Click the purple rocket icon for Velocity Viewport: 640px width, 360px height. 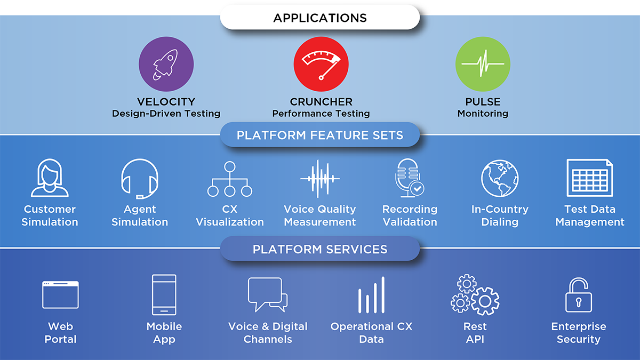click(x=166, y=64)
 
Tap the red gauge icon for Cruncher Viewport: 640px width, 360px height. click(x=321, y=64)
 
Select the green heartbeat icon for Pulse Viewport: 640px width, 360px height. click(x=483, y=64)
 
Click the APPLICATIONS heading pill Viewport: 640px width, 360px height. click(x=320, y=18)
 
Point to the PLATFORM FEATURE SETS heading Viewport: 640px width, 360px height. click(x=320, y=135)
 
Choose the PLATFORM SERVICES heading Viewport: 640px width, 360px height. click(x=320, y=249)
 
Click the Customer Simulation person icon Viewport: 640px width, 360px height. click(x=50, y=178)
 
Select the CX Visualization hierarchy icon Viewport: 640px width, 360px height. click(x=230, y=179)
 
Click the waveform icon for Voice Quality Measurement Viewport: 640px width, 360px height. click(x=319, y=179)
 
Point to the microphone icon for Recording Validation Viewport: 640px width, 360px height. click(x=410, y=178)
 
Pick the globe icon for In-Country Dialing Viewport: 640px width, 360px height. click(x=500, y=178)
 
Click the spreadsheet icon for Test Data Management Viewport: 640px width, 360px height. click(x=590, y=178)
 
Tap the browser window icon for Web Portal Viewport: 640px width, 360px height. click(x=60, y=295)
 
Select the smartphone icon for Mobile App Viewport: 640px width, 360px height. click(x=164, y=295)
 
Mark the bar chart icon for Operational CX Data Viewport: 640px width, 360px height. click(x=371, y=295)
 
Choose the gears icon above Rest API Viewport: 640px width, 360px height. click(x=475, y=295)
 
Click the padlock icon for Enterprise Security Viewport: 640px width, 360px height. click(x=579, y=295)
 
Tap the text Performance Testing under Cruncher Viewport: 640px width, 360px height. click(x=321, y=114)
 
